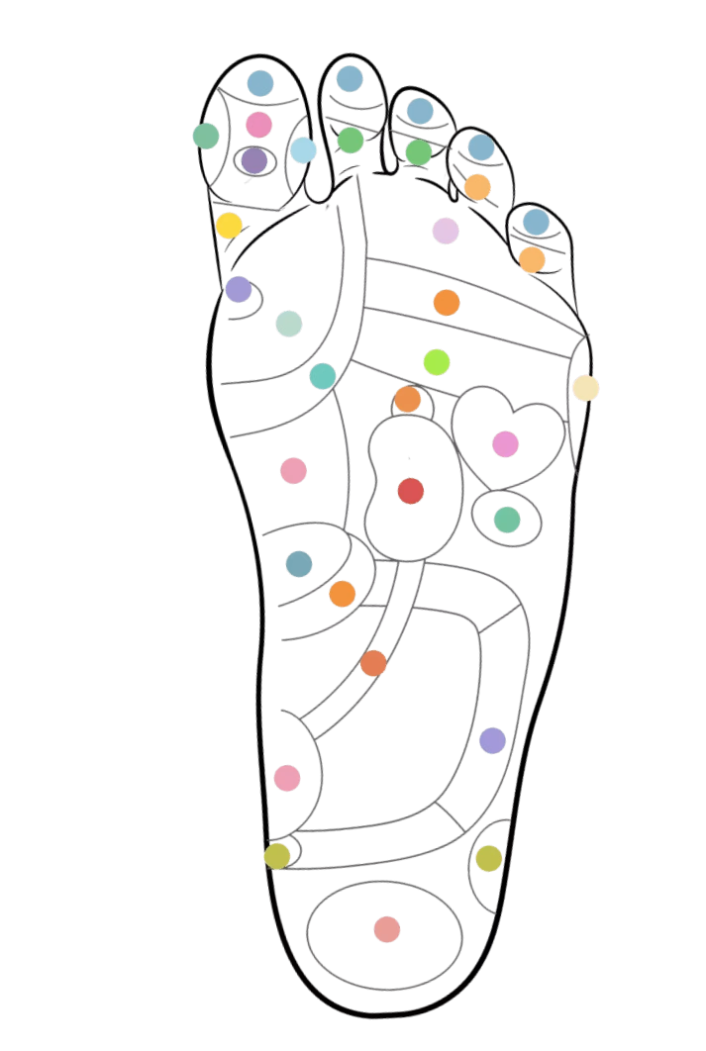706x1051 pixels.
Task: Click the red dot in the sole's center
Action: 411,490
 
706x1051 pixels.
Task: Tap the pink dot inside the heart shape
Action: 505,443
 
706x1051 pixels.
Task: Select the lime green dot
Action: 437,362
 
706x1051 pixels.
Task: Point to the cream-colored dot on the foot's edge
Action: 585,387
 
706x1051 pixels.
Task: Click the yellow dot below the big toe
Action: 229,225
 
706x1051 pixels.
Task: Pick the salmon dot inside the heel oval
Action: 387,929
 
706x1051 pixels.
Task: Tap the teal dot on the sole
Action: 323,376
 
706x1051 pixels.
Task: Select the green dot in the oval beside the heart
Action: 506,519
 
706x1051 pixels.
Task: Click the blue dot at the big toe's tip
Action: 260,83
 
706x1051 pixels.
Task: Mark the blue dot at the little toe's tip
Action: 535,222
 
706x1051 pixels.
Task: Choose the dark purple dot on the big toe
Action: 254,158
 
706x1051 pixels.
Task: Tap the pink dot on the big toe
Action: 258,125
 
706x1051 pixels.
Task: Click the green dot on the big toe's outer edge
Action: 205,135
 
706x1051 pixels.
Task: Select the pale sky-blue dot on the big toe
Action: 303,150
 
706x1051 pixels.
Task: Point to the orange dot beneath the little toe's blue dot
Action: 532,259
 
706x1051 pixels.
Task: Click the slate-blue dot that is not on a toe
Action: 299,563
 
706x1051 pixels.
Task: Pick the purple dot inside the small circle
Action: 239,289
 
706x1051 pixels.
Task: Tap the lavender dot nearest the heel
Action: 492,739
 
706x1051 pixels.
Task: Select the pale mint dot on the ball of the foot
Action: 288,324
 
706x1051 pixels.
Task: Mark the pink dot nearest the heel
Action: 287,778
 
